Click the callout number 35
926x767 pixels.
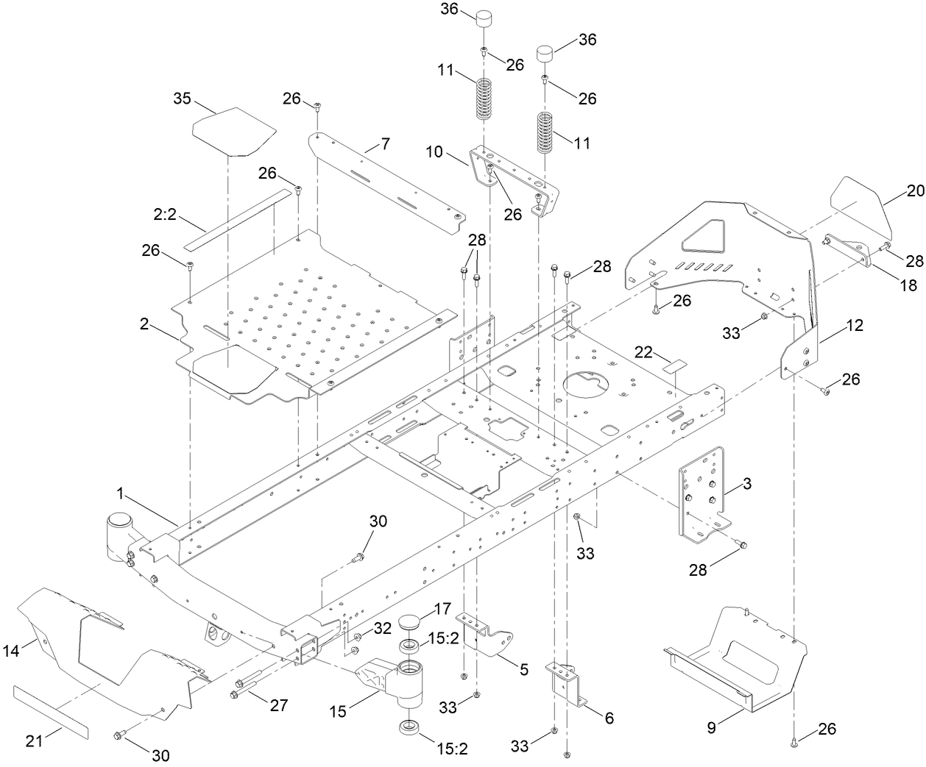[x=182, y=98]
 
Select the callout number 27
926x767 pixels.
[x=278, y=705]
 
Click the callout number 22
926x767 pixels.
[x=643, y=352]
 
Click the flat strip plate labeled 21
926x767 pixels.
[x=50, y=710]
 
